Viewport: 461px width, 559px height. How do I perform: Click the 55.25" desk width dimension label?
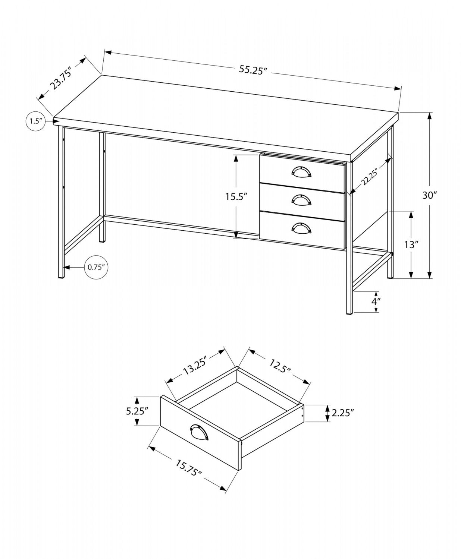pos(254,70)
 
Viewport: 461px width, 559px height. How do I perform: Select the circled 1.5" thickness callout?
pos(35,121)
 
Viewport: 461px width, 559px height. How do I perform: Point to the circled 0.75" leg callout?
pos(96,267)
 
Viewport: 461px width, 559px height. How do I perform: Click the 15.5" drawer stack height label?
pos(236,197)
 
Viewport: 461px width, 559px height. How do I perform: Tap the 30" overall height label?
pos(429,195)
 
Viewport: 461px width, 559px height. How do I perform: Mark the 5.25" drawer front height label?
pos(137,411)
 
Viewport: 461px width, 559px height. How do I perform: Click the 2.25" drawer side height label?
pos(342,413)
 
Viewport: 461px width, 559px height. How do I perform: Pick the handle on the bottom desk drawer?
pos(301,228)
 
